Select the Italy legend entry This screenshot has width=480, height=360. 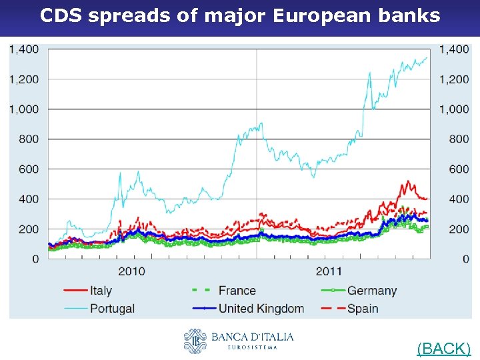coord(101,291)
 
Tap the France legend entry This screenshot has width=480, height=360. coord(237,291)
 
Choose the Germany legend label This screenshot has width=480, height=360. coord(371,291)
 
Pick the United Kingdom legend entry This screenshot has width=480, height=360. coord(261,308)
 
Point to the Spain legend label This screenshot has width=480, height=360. coord(362,308)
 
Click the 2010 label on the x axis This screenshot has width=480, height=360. coord(132,271)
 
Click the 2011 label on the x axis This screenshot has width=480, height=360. coord(329,271)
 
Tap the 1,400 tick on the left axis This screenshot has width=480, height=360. coord(24,49)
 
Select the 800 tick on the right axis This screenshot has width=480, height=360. coord(459,139)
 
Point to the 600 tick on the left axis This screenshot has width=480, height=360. coord(29,169)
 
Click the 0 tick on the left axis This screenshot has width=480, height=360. coord(35,259)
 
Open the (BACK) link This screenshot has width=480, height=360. coord(443,348)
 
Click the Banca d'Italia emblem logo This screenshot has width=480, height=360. coord(195,341)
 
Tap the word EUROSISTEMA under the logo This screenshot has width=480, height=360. coord(253,347)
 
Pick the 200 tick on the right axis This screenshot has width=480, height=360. coord(459,229)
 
